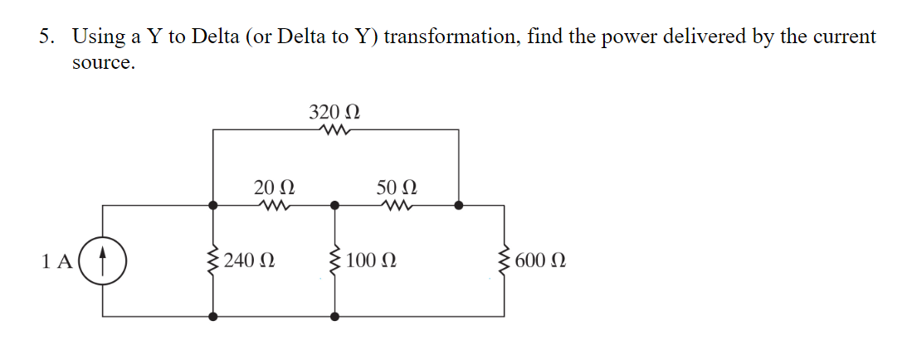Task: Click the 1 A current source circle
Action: click(103, 260)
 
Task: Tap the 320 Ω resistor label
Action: click(334, 112)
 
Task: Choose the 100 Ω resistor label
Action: click(371, 261)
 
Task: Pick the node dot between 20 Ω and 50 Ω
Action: click(334, 204)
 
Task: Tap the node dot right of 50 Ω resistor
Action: click(457, 204)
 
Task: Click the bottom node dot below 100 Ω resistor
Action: click(334, 316)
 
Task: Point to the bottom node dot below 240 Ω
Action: click(214, 316)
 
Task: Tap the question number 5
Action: click(48, 37)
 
